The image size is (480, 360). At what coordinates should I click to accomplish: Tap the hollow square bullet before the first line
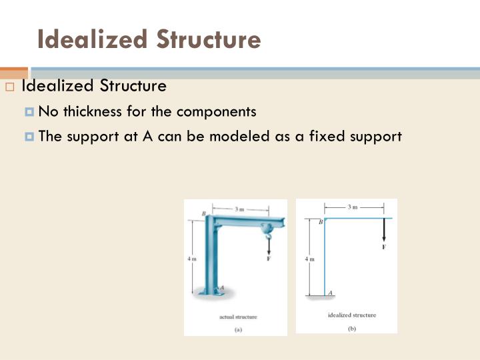(10, 87)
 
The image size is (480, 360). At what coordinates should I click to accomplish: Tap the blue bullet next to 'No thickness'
(29, 112)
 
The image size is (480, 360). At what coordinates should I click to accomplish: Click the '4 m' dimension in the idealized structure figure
(309, 259)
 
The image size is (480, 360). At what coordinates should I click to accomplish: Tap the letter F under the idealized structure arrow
(384, 247)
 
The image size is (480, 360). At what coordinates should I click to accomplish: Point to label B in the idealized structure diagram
(321, 221)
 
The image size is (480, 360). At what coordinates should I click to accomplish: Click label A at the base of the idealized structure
(331, 293)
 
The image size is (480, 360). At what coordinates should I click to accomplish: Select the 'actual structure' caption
(238, 317)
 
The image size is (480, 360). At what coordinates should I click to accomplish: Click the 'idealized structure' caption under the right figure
(351, 315)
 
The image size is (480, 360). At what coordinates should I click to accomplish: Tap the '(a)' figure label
(238, 328)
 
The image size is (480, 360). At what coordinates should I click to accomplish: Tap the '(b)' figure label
(351, 327)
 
